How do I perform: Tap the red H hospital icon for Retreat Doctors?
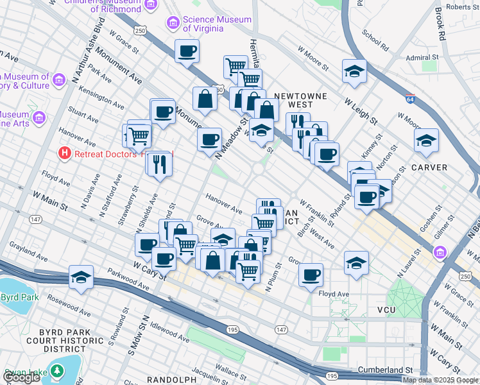tap(64, 154)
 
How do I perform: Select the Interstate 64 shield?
tap(409, 99)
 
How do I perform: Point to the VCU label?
tap(386, 310)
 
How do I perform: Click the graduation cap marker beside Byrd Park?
tap(82, 277)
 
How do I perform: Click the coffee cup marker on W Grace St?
tap(187, 51)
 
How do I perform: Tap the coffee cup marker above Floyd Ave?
tap(311, 274)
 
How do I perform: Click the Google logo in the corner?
tap(22, 377)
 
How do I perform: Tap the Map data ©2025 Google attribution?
tap(440, 380)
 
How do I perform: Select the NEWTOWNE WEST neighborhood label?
tap(293, 100)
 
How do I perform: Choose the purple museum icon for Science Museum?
tap(173, 24)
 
